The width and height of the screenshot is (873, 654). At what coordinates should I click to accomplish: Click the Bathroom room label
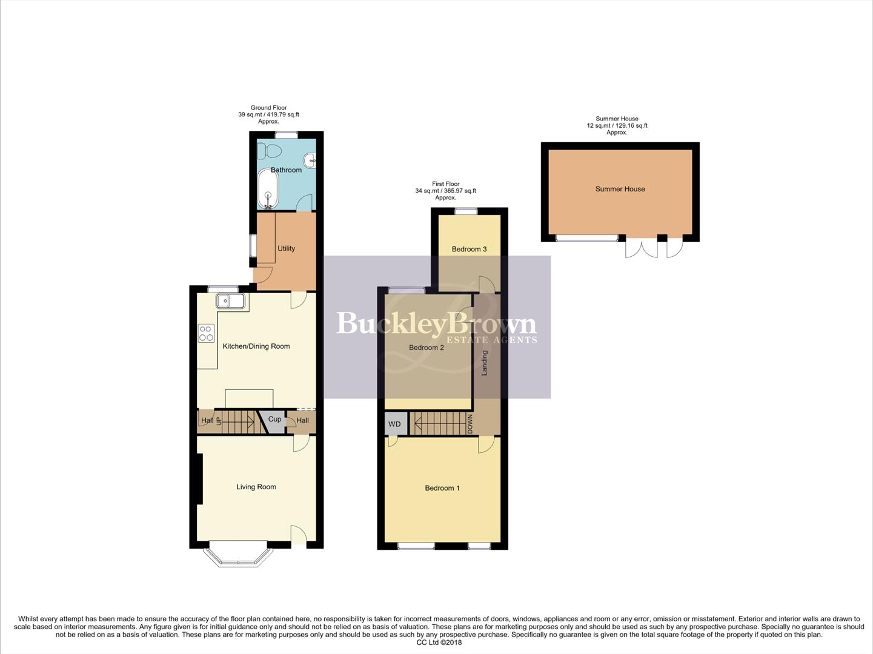[286, 170]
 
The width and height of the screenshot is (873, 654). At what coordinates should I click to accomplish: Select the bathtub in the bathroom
[268, 189]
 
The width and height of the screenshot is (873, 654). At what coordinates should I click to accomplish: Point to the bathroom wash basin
[311, 160]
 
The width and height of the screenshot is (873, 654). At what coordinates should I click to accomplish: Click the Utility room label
[286, 248]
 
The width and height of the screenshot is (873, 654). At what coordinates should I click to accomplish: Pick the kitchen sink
[230, 301]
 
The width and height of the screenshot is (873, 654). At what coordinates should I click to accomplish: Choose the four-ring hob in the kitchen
[206, 333]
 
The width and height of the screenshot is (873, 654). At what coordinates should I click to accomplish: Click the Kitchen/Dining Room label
[256, 346]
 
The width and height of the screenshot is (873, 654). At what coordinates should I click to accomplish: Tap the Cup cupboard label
[274, 419]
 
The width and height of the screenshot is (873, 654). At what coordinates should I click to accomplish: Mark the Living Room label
[256, 487]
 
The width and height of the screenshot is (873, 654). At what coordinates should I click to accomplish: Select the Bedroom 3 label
[469, 249]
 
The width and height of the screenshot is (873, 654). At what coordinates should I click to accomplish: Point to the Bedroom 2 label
[427, 348]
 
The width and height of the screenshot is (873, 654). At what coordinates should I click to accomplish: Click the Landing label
[485, 363]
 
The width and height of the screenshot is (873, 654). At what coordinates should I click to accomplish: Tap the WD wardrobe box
[394, 424]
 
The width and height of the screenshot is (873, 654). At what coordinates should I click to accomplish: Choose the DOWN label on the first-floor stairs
[470, 424]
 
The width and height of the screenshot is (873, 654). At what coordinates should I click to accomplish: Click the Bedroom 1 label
[442, 488]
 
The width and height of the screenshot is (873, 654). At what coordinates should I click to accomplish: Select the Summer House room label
[620, 189]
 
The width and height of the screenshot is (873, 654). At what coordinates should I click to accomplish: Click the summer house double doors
[642, 248]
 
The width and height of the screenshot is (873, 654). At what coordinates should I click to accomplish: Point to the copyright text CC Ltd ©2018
[439, 642]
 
